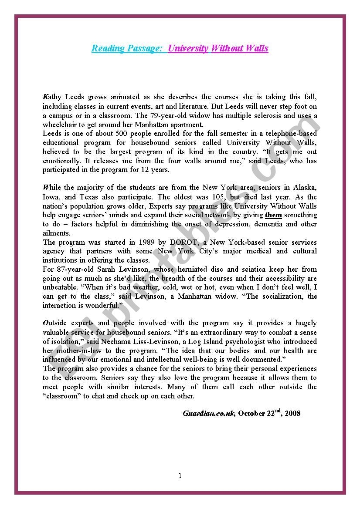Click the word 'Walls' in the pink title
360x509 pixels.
[x=257, y=48]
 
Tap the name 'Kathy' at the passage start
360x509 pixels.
[x=52, y=97]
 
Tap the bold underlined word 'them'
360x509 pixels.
[x=273, y=215]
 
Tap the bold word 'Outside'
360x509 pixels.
[x=55, y=323]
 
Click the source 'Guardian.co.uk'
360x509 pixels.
[x=208, y=413]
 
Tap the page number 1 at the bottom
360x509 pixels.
[x=180, y=475]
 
